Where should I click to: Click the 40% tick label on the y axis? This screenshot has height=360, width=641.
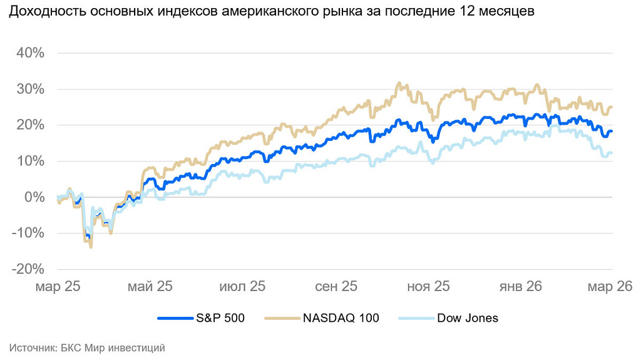30,53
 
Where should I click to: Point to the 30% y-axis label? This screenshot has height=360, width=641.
30,89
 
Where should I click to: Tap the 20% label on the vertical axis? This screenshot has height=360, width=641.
30,125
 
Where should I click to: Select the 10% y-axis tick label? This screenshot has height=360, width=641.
30,161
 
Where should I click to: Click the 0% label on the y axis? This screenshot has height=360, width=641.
34,197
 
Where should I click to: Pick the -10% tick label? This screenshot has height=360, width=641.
28,233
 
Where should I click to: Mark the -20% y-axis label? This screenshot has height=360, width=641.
28,269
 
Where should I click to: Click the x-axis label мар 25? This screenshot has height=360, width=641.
58,286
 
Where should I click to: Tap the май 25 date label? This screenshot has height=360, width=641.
150,286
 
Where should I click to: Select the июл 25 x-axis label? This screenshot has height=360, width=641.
242,286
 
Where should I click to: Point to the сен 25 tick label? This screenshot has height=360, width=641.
336,286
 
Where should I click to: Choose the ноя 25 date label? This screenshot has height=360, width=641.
428,286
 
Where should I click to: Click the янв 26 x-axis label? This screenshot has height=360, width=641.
520,286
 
